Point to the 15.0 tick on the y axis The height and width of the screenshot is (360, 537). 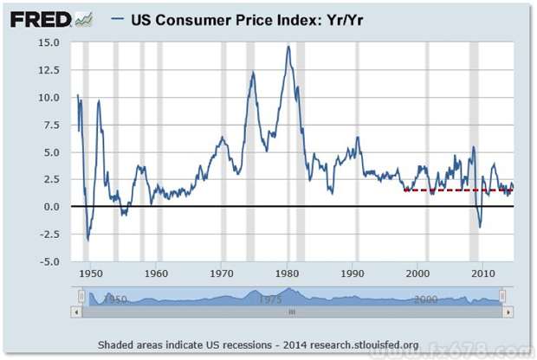tap(48, 42)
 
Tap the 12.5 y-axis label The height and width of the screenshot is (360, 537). tap(48, 70)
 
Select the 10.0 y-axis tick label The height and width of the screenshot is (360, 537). tap(48, 98)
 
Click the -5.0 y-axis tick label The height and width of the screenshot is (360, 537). tap(48, 261)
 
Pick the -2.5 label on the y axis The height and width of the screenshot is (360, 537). tap(48, 234)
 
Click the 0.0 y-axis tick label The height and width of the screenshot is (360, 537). tap(50, 207)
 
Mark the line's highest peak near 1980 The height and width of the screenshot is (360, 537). tap(288, 47)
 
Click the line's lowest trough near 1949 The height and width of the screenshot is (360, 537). tap(87, 239)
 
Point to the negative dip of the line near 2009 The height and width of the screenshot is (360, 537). tap(480, 227)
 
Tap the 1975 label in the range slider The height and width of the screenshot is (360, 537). tap(270, 299)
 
